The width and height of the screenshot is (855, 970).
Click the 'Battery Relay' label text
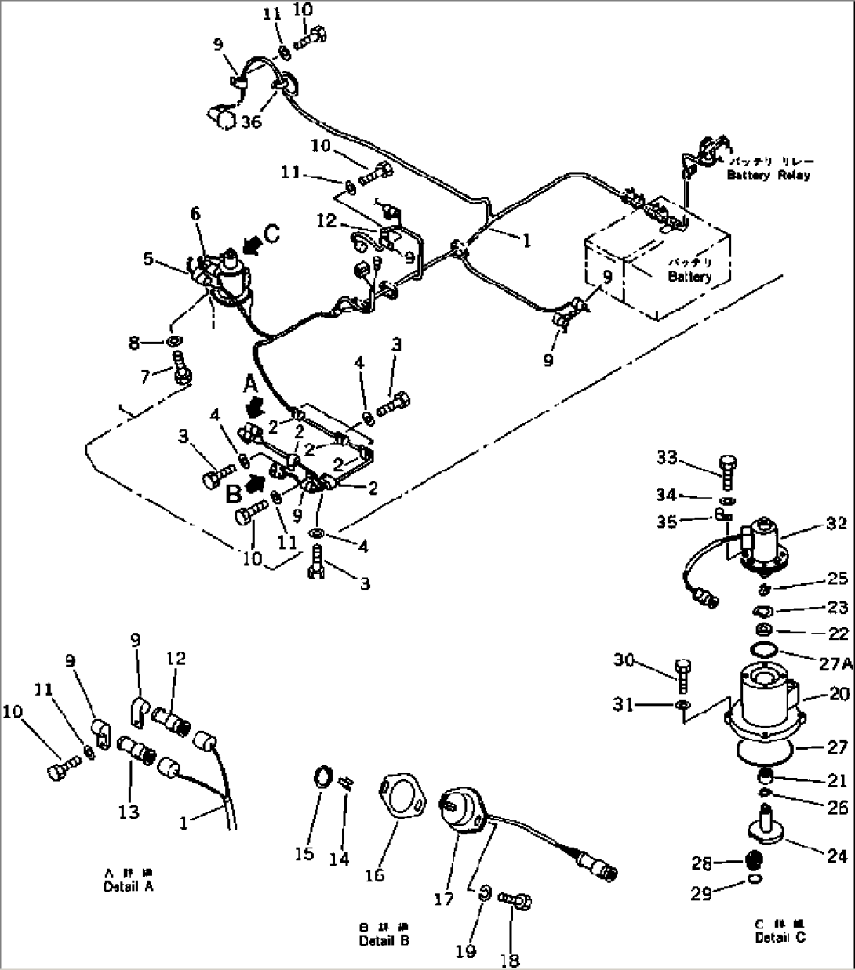tap(768, 174)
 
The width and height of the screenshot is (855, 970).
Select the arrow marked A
tap(255, 406)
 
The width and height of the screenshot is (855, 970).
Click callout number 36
tap(251, 122)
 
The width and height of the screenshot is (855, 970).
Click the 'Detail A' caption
tap(128, 886)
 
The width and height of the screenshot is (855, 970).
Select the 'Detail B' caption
tap(384, 940)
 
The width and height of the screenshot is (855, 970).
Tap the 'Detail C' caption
tap(780, 937)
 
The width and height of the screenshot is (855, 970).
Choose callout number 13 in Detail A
tap(129, 812)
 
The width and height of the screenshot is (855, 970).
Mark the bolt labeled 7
tap(183, 367)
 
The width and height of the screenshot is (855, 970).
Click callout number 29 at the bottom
tap(701, 893)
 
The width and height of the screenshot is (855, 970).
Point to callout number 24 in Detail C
tap(837, 856)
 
